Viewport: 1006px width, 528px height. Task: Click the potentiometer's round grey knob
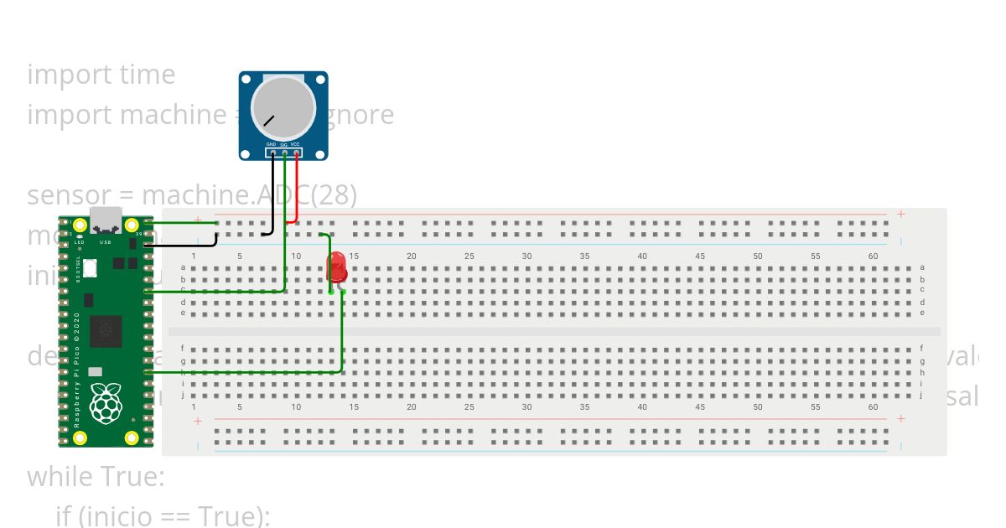(283, 109)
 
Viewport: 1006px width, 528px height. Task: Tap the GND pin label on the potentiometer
(272, 144)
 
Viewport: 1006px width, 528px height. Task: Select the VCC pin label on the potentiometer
(296, 144)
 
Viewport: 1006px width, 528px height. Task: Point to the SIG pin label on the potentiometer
(283, 144)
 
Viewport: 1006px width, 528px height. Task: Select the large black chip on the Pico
(106, 331)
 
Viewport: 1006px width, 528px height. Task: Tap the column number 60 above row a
(873, 256)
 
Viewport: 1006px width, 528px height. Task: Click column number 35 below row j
(584, 407)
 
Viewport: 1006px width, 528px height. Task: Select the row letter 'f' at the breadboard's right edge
(922, 348)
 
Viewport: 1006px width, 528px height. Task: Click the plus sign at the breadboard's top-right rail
(900, 215)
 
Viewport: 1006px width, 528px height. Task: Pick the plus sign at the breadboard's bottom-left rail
(198, 421)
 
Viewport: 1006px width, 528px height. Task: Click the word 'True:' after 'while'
(132, 477)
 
